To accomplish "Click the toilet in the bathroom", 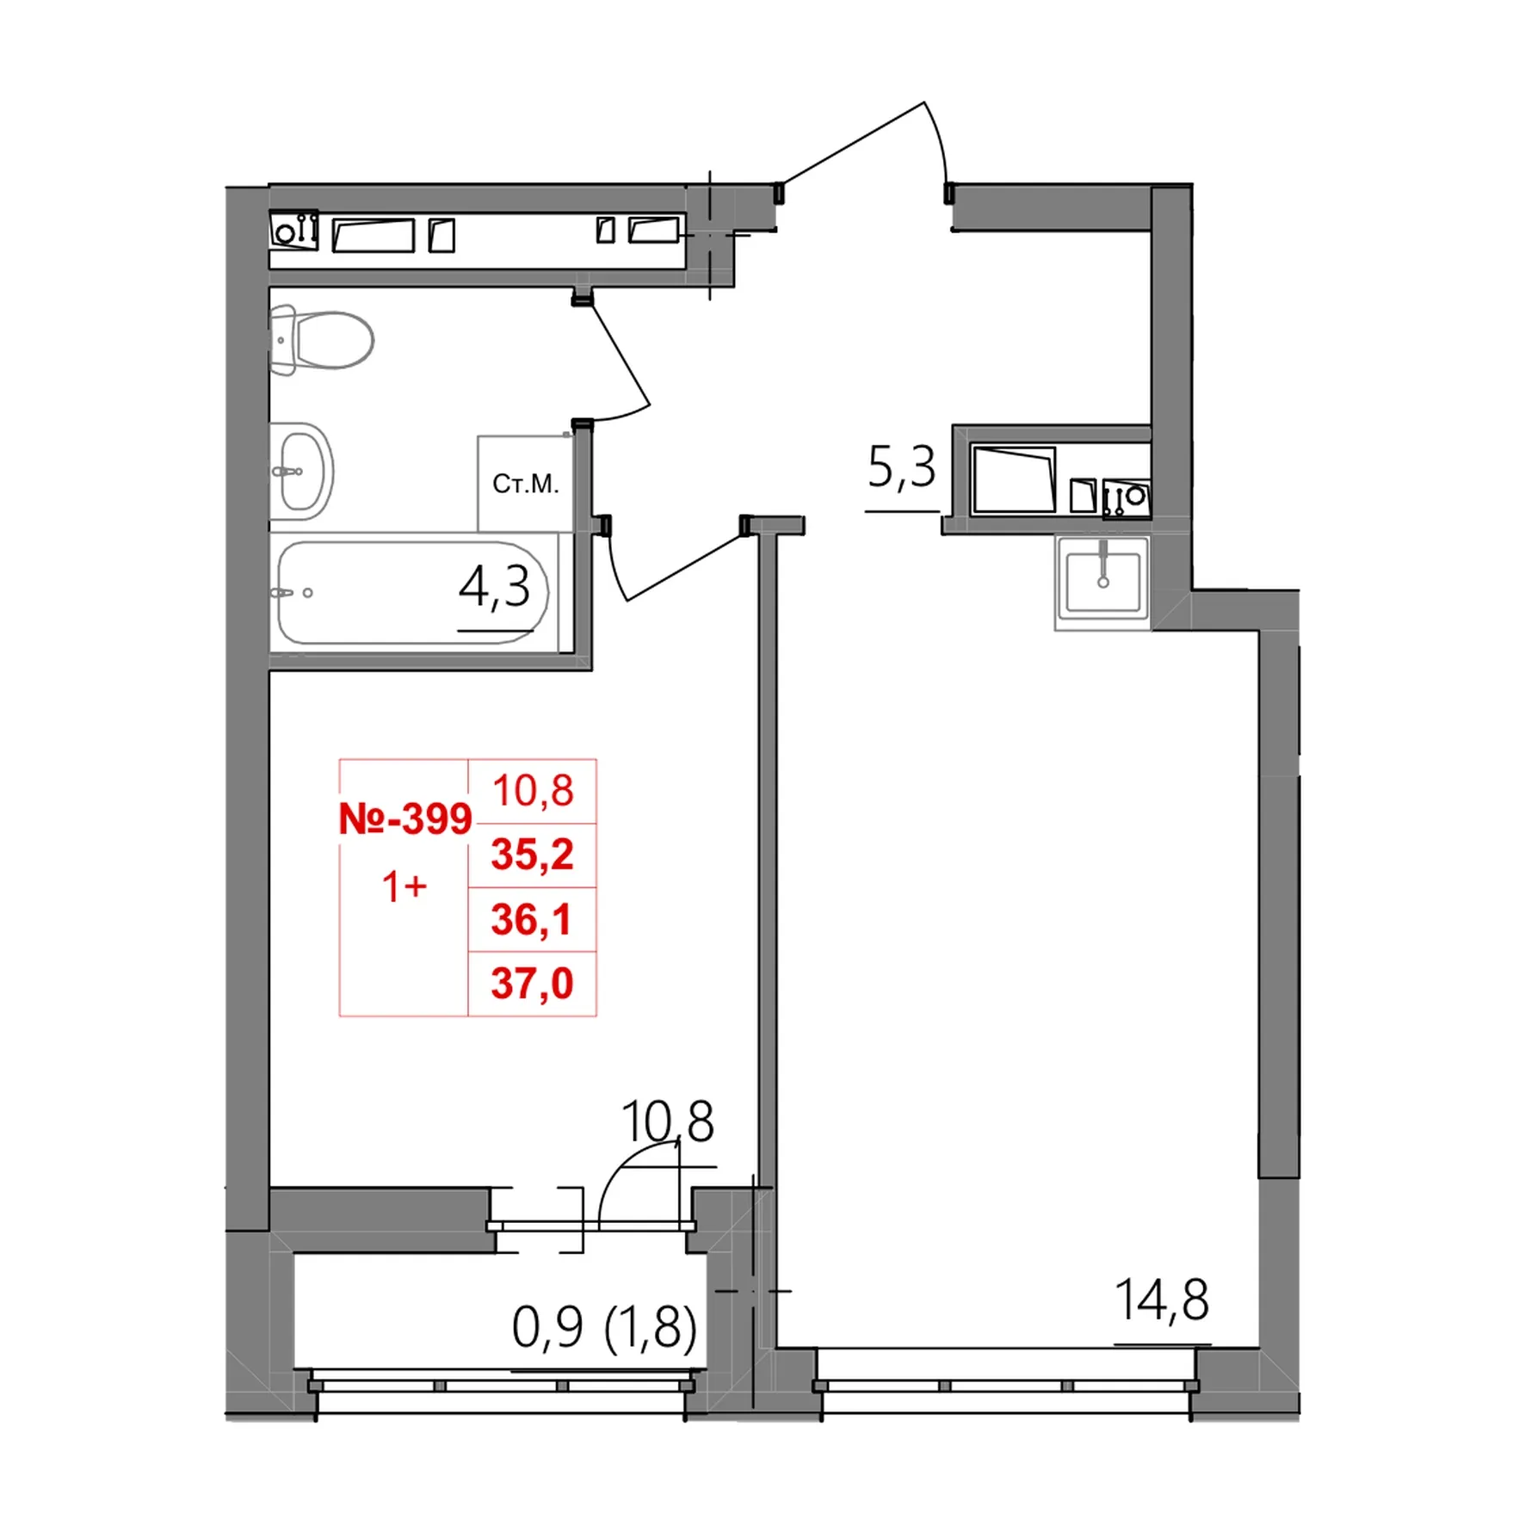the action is click(321, 341).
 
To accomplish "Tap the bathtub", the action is click(412, 592).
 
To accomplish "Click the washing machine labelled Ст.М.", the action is click(525, 484).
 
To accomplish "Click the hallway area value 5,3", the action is click(901, 468).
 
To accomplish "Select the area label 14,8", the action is click(1162, 1300).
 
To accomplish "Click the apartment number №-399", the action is click(405, 818).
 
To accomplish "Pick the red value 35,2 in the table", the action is click(532, 855).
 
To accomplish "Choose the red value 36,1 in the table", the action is click(532, 919).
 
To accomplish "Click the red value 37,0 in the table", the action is click(532, 983).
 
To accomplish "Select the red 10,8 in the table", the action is click(533, 790).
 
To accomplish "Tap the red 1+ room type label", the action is click(404, 886).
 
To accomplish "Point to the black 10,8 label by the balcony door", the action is click(667, 1121).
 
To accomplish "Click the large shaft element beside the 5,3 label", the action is click(1014, 479).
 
